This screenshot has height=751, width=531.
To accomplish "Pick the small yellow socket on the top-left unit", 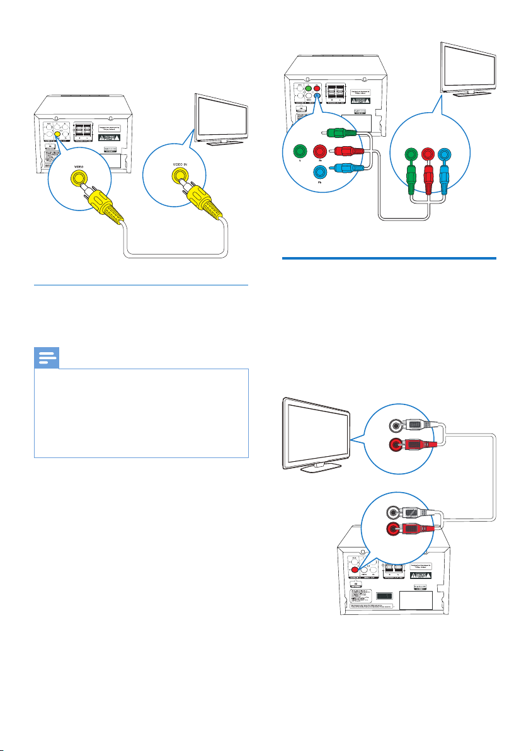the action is pos(57,134).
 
